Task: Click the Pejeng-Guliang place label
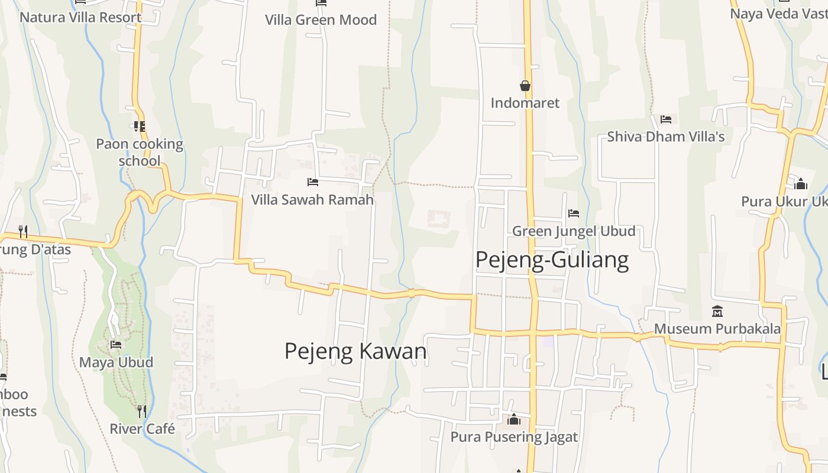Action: click(x=552, y=260)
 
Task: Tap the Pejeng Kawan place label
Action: click(x=355, y=351)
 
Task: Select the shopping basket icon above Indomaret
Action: click(x=525, y=86)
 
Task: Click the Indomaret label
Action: click(x=525, y=103)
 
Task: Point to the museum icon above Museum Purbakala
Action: click(x=717, y=311)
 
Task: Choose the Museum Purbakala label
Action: click(x=717, y=329)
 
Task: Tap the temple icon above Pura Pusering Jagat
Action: click(x=514, y=419)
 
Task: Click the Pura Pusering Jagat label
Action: click(x=514, y=437)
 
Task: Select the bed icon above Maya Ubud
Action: click(x=116, y=344)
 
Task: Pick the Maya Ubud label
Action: click(x=116, y=362)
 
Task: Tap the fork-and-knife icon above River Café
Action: click(x=141, y=410)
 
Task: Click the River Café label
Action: click(x=143, y=429)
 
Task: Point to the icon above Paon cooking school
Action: click(x=140, y=126)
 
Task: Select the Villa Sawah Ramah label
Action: click(x=312, y=200)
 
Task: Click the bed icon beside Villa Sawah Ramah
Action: click(x=313, y=182)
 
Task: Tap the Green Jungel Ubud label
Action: click(x=574, y=231)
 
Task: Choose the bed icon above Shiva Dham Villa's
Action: click(x=666, y=119)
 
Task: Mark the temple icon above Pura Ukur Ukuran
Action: click(x=801, y=184)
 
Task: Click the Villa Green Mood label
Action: click(x=321, y=20)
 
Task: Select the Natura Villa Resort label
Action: click(x=80, y=17)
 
